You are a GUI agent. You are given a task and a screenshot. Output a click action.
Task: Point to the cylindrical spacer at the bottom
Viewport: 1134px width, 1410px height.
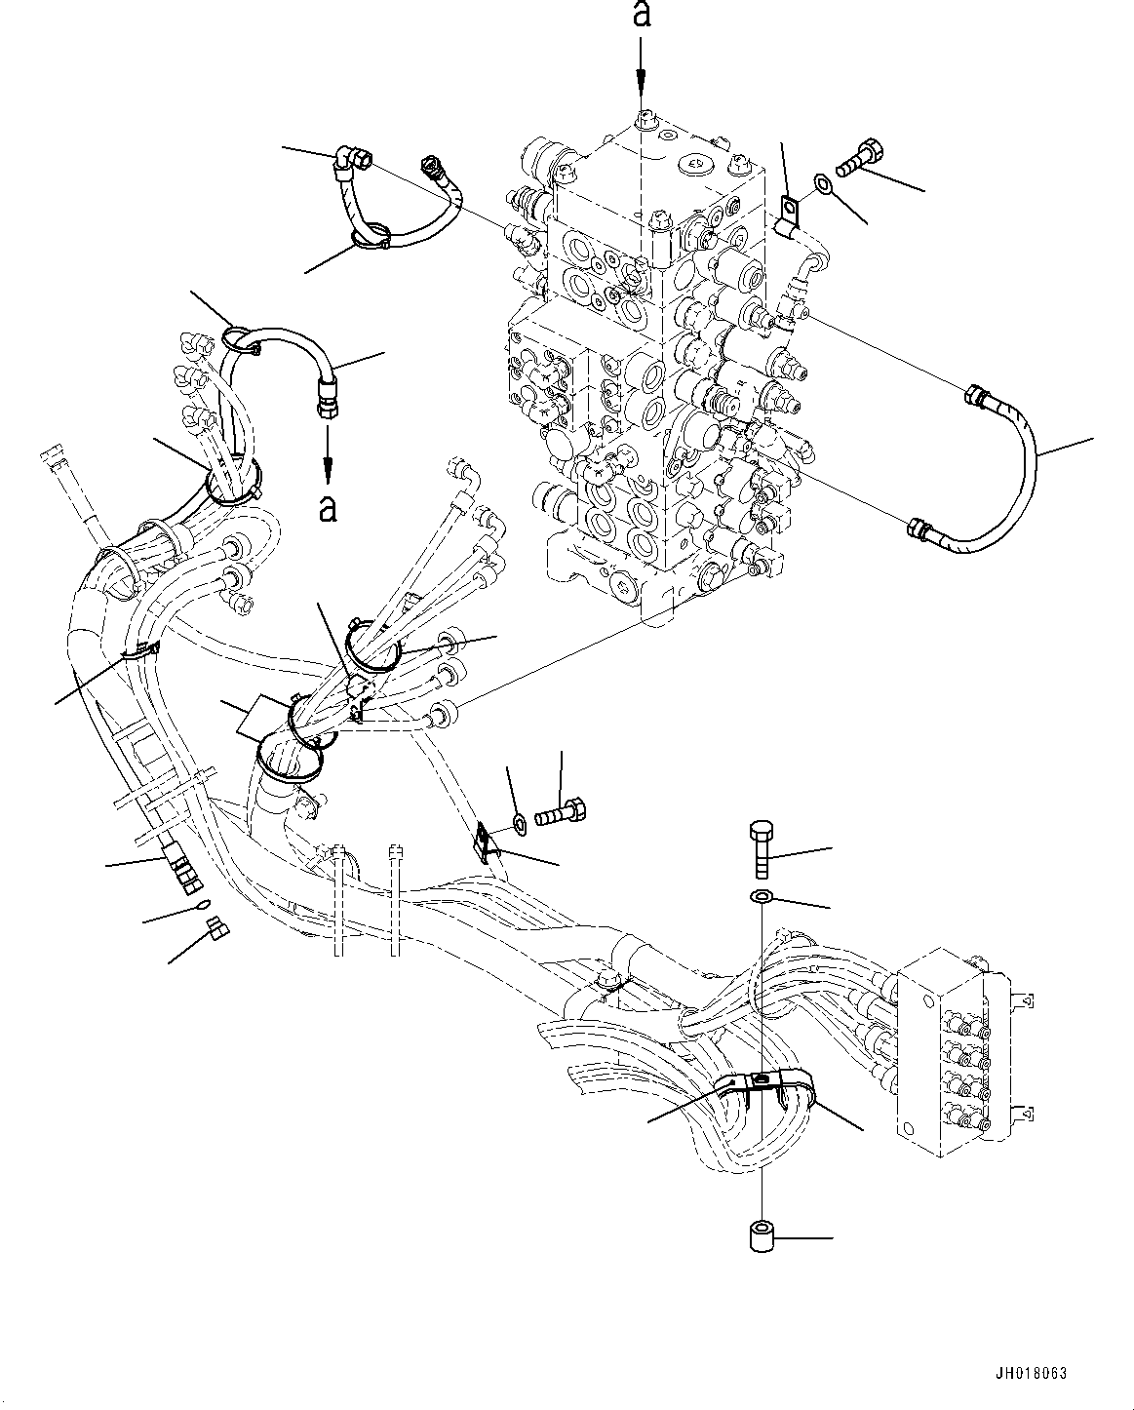point(761,1237)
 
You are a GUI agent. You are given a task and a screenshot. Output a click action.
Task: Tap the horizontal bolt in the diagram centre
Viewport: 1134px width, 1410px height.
point(560,808)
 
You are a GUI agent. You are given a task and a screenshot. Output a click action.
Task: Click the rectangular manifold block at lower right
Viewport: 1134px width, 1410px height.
point(941,1053)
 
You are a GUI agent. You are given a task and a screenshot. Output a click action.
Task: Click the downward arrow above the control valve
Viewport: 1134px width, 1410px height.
point(641,73)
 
